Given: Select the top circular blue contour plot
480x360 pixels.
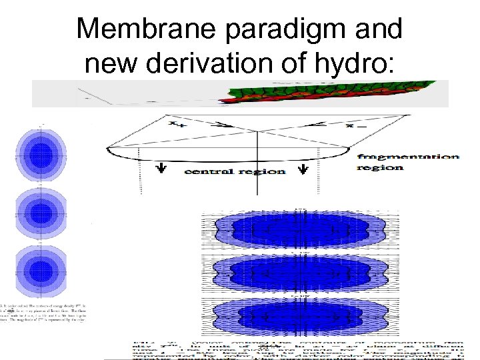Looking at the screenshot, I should pos(41,151).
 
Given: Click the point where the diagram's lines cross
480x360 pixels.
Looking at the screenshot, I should pos(258,131).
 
